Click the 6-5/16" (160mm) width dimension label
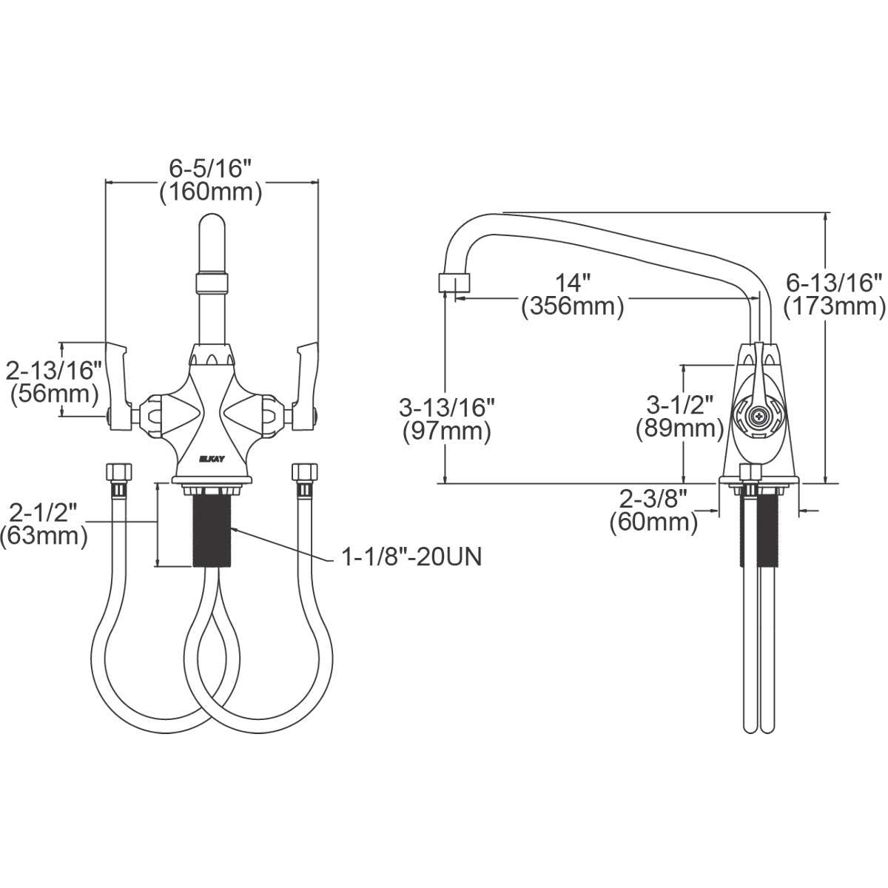[211, 181]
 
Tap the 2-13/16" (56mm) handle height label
[54, 380]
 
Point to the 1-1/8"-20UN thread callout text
[411, 556]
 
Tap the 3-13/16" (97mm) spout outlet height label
[446, 419]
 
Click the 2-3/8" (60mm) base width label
[654, 511]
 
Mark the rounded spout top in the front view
[212, 226]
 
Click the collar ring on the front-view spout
[212, 283]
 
